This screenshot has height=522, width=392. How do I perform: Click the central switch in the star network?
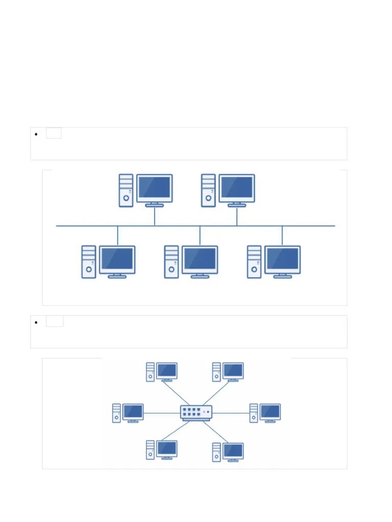(x=196, y=412)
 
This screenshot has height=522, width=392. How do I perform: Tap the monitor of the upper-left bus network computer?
(x=155, y=188)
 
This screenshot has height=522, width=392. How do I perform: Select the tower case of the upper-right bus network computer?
(x=208, y=190)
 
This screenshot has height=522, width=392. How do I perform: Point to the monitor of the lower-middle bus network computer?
(x=200, y=259)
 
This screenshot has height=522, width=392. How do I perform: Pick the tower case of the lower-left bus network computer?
(x=89, y=262)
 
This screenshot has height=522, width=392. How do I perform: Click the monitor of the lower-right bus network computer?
(x=282, y=259)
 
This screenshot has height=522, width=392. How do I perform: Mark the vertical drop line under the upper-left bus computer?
(x=155, y=216)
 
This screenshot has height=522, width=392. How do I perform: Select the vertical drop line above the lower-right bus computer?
(x=282, y=235)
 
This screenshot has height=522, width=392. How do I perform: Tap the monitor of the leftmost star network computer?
(x=133, y=411)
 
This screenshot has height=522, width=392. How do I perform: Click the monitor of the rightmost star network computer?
(x=270, y=411)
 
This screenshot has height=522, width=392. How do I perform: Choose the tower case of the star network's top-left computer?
(x=150, y=372)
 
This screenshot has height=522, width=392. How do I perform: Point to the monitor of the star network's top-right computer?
(x=233, y=370)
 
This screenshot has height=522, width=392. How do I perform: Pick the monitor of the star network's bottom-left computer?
(x=166, y=449)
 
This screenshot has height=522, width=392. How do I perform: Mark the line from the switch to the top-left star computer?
(x=176, y=394)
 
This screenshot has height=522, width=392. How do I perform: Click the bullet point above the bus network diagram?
(x=36, y=135)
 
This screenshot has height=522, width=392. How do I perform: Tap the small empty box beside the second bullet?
(x=55, y=321)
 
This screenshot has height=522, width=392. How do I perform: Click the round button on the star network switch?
(x=207, y=411)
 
